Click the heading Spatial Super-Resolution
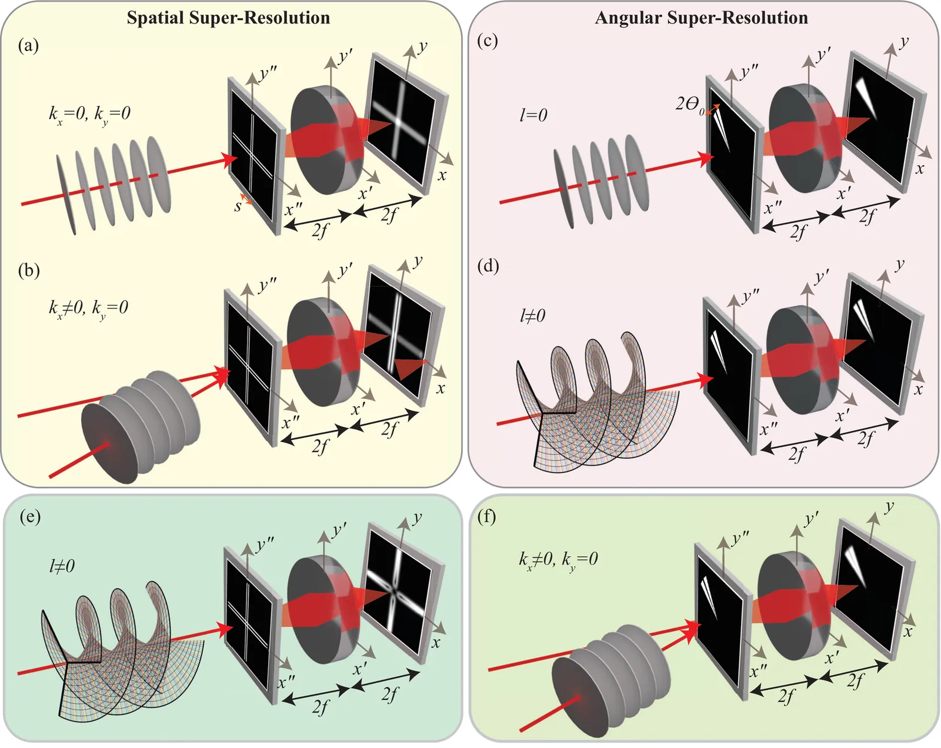coord(228,18)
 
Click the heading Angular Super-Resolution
coord(701,18)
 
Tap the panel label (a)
coord(28,45)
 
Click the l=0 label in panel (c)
coord(533,115)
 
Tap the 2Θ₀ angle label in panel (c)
coord(689,105)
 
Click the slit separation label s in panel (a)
coord(238,206)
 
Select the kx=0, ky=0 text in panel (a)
coord(89,113)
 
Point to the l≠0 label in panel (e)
coord(62,566)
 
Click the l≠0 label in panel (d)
coord(532,316)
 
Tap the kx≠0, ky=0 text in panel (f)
coord(558,559)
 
